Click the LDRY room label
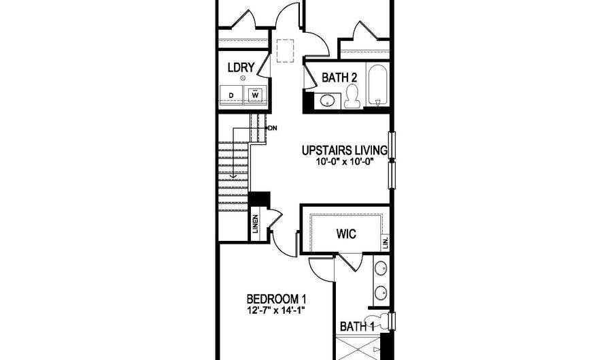tap(241, 67)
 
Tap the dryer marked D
tap(231, 95)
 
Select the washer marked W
tap(256, 95)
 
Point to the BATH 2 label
tap(339, 78)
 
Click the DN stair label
tap(272, 128)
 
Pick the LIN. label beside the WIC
tap(386, 242)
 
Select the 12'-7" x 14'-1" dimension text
tap(276, 311)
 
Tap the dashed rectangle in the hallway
tap(284, 50)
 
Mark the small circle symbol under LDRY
tap(243, 79)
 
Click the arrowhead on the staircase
tap(233, 177)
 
